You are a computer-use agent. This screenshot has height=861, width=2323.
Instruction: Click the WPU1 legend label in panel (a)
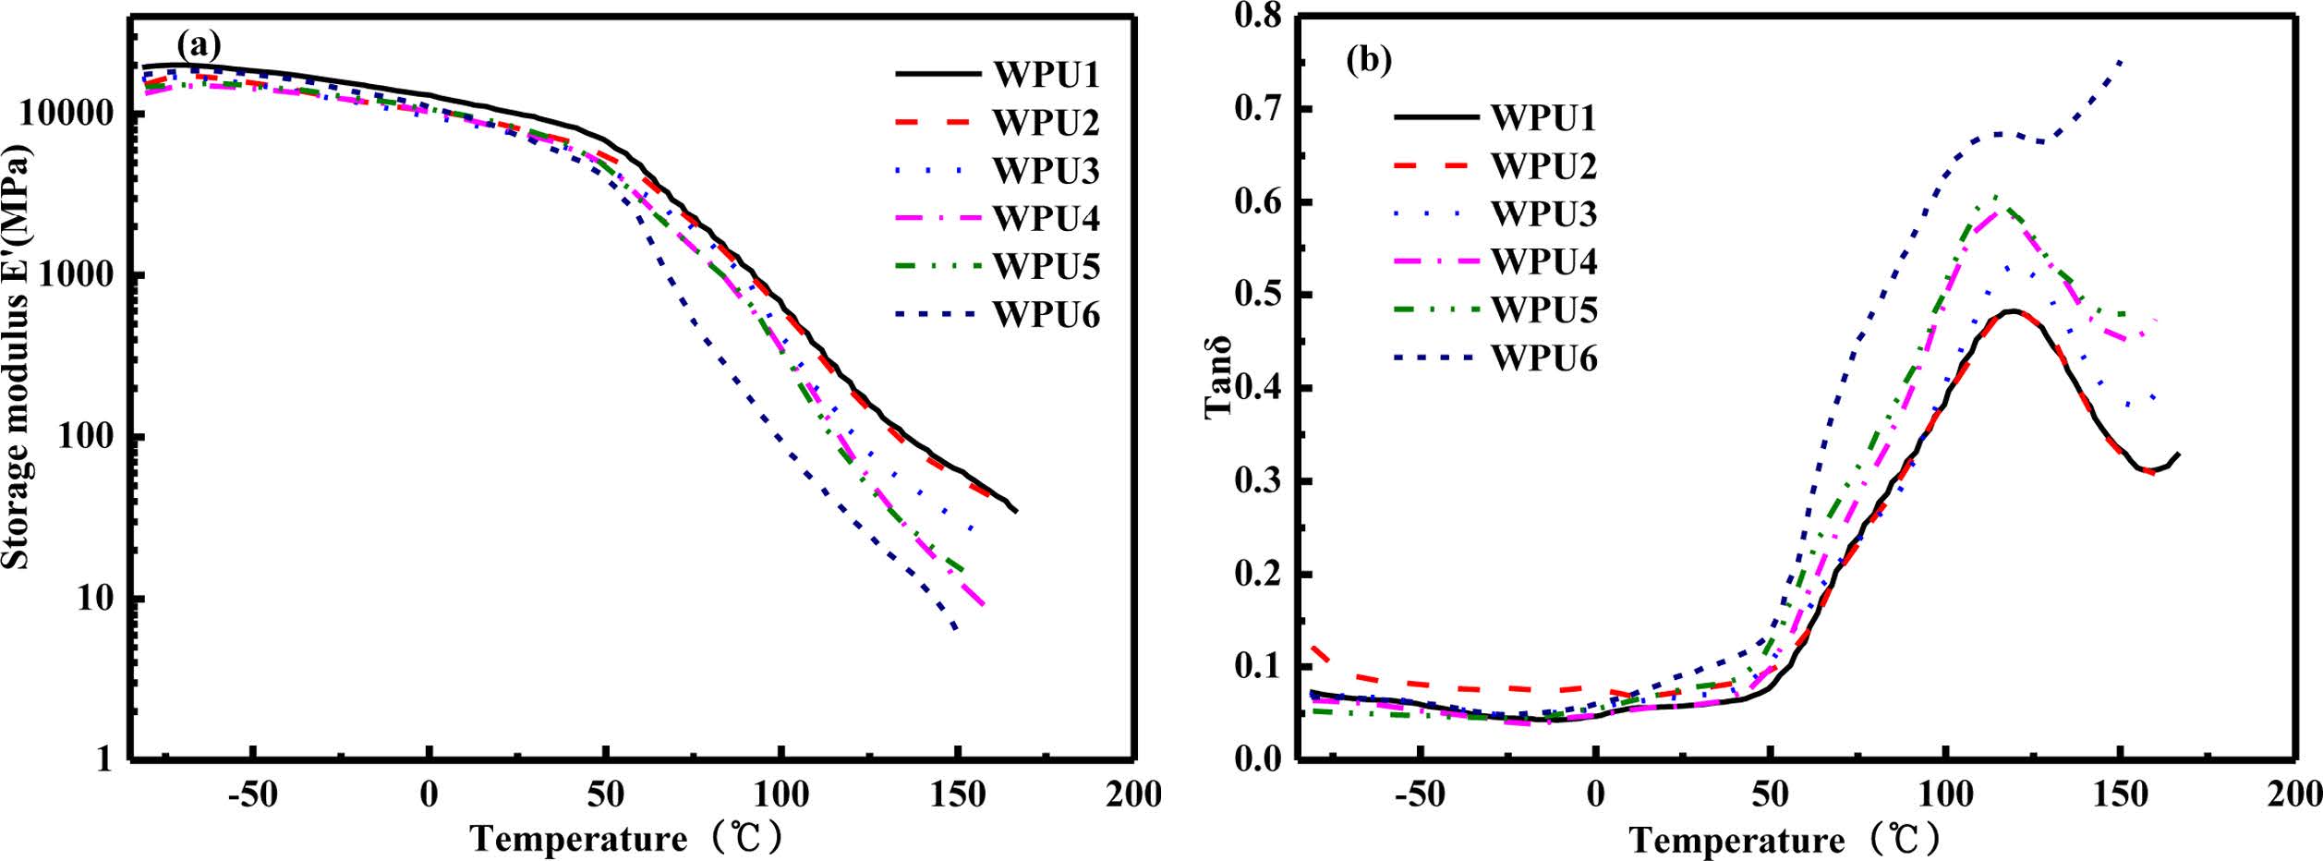1047,75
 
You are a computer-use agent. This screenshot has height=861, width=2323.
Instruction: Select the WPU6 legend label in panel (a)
1047,315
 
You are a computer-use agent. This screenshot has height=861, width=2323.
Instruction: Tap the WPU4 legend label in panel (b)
1543,261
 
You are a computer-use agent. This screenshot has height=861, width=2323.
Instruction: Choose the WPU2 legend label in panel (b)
1543,166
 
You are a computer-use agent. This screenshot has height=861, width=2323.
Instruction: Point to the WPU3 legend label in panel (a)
1047,171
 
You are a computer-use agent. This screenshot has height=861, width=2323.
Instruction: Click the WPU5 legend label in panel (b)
1543,309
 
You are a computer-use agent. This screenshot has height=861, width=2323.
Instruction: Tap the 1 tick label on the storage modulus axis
103,759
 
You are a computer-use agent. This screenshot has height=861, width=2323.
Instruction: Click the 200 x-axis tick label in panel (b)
2294,795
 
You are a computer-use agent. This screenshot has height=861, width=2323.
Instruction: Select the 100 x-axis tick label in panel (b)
1945,795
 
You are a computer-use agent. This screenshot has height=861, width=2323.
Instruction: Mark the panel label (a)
200,43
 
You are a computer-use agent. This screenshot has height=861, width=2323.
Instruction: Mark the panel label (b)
1369,60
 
